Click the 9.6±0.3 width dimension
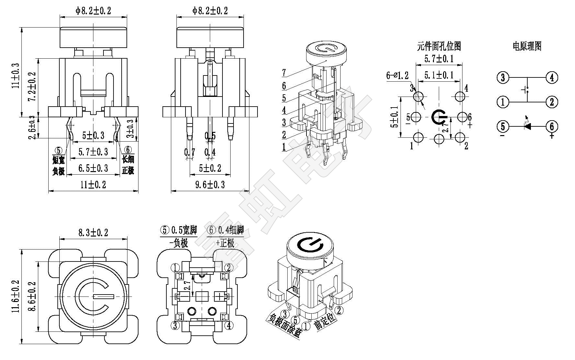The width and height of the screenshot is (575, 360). tap(210, 185)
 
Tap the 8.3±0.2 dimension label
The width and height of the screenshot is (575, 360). tap(93, 233)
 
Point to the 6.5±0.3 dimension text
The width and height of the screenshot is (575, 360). tap(93, 168)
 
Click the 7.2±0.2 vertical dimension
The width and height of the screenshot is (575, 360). tap(32, 87)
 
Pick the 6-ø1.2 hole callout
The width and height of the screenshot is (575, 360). tap(397, 76)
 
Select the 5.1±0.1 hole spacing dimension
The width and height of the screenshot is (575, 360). tap(439, 75)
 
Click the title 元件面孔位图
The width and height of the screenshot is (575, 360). tap(439, 46)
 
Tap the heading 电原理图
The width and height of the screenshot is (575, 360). tap(527, 46)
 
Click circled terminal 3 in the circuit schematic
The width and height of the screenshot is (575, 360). tap(503, 77)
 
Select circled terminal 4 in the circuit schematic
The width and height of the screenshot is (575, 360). tap(552, 77)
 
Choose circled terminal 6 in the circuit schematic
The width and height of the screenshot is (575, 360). tap(552, 126)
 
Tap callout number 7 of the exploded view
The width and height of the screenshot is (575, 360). tap(284, 73)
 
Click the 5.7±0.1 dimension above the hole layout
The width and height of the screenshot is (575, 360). tap(439, 59)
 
